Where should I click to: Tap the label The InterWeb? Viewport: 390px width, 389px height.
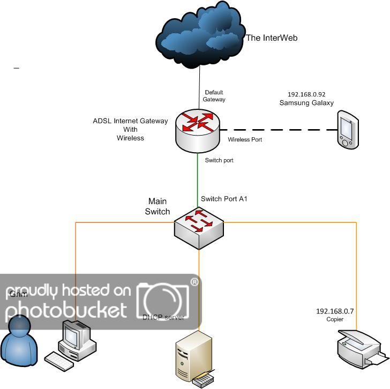point(271,38)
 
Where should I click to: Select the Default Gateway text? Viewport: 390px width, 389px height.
point(214,95)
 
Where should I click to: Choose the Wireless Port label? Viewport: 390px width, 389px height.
point(245,140)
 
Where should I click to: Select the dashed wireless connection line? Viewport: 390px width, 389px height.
point(279,130)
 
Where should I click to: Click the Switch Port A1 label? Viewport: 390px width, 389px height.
point(224,199)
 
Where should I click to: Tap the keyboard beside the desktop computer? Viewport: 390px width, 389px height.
point(59,361)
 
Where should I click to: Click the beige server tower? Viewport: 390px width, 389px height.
point(193,356)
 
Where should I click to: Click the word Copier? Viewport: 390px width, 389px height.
point(334,319)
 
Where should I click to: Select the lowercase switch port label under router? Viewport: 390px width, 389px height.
point(219,160)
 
